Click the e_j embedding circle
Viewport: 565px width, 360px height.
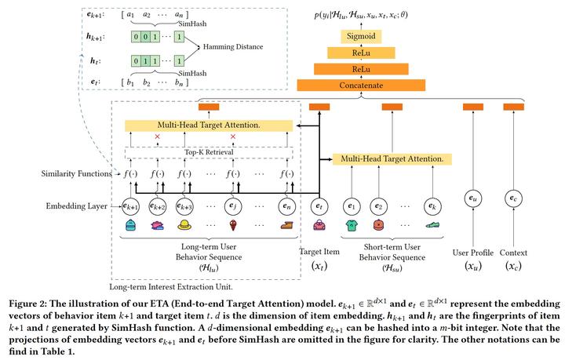pos(231,208)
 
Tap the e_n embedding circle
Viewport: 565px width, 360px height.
pos(286,208)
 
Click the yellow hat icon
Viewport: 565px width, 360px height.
pos(184,226)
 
